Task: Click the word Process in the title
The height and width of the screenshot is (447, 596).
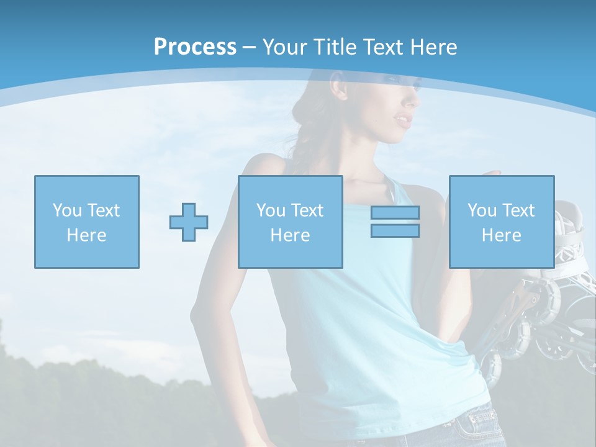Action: coord(195,47)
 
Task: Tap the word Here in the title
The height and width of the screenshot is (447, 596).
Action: coord(433,47)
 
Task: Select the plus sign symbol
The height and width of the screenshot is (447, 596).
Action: coord(189,222)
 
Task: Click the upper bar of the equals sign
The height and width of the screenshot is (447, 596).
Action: coord(395,212)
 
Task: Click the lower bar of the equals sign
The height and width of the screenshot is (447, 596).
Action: coord(395,231)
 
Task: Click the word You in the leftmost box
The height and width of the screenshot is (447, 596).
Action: coord(66,210)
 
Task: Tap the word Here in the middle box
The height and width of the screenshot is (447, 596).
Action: coord(291,235)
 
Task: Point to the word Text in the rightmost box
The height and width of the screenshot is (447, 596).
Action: coord(518,210)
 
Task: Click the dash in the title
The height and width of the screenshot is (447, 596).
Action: coord(249,47)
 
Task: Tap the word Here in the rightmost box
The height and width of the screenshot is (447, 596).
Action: coord(502,235)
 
